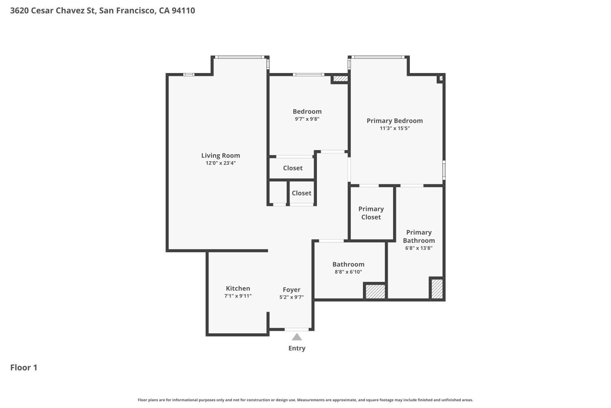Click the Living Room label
220,155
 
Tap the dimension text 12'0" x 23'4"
220,163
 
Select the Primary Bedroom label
394,121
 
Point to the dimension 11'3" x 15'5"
394,128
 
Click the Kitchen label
238,288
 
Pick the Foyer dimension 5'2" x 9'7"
291,297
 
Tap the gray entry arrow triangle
297,337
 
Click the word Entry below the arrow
297,348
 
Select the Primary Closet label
371,213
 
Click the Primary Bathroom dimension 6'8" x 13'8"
419,248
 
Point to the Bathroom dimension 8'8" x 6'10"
348,272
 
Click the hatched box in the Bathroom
375,291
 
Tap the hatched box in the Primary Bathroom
437,288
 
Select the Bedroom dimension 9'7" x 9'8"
307,119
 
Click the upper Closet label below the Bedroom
292,168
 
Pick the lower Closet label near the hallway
301,193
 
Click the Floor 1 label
24,368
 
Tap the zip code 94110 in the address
183,11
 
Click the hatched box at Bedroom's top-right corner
341,78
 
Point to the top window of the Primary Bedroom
378,57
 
